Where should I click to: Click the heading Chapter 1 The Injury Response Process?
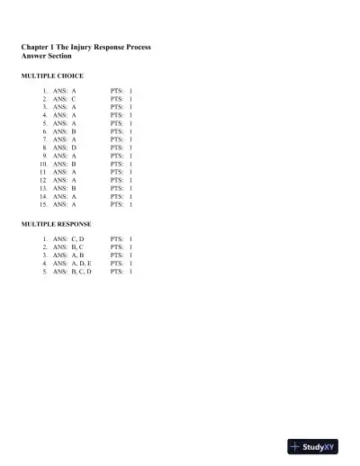(85, 46)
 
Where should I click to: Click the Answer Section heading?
(46, 56)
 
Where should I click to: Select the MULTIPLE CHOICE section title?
(52, 76)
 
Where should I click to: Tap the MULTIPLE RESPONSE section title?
(58, 222)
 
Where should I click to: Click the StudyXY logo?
(312, 446)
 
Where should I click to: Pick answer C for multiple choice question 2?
(74, 99)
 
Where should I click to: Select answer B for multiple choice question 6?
(74, 131)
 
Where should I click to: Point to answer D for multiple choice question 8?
(74, 148)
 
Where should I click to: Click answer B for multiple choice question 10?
(74, 164)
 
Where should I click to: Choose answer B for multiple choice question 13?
(74, 188)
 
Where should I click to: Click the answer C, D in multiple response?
(77, 238)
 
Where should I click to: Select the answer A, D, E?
(81, 263)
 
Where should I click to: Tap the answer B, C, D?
(81, 271)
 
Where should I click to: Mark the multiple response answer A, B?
(77, 255)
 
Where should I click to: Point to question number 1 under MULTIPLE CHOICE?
(45, 91)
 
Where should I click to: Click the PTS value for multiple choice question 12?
(130, 180)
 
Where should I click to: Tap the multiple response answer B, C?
(77, 246)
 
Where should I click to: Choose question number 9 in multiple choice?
(45, 156)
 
